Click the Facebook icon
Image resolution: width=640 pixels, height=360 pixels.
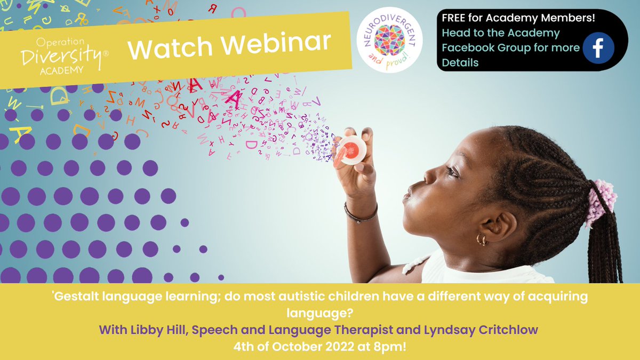(598, 48)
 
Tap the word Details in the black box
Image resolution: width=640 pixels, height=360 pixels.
(460, 62)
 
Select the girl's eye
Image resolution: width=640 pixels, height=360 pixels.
(452, 171)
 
